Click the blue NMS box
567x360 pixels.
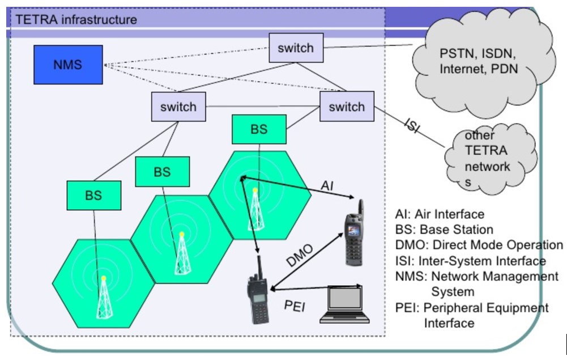coord(68,65)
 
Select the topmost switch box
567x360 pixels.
coord(296,48)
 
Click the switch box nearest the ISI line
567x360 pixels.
coord(347,107)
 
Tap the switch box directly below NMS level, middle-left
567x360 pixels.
coord(178,107)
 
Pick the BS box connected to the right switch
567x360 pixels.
coord(259,129)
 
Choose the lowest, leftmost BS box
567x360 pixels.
coord(93,196)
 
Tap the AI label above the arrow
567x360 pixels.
coord(328,185)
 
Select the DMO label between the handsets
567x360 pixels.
coord(300,256)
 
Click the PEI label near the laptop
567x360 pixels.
coord(295,306)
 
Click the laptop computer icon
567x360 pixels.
coord(344,304)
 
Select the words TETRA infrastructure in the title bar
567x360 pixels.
coord(76,20)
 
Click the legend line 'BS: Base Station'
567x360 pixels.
coord(444,230)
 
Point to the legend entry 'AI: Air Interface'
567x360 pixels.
coord(440,214)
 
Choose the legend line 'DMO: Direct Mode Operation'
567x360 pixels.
coord(479,245)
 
